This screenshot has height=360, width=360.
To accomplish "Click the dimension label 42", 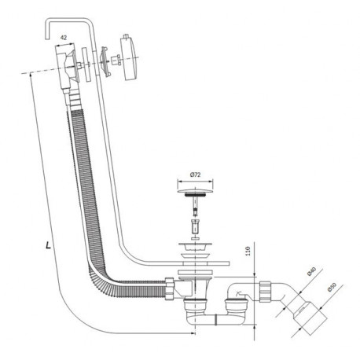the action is pos(64,38).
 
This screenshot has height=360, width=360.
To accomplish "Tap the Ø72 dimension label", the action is pos(195,174).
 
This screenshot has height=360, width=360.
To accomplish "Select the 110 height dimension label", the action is pos(248,251).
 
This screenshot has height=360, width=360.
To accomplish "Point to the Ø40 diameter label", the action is pos(312,271).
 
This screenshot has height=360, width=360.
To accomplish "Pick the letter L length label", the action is pos(48,245).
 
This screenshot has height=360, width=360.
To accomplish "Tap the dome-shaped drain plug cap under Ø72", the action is pos(195,190).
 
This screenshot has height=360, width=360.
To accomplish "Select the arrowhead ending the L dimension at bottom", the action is pos(193,333).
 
